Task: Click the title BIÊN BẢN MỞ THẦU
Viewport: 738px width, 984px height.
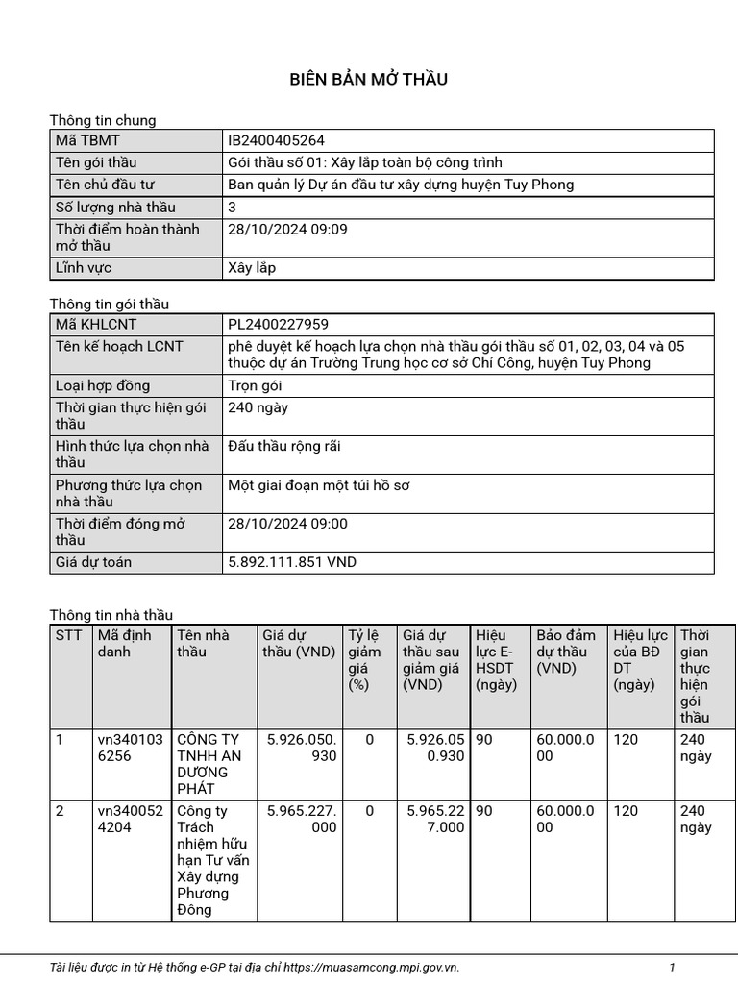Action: coord(369,79)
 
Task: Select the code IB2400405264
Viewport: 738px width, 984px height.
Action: coord(269,140)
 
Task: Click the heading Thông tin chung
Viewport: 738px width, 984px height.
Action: coord(103,120)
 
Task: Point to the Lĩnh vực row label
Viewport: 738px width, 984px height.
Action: coord(84,268)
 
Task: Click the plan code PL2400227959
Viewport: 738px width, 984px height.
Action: coord(271,325)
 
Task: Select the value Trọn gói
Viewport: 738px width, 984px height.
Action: coord(255,385)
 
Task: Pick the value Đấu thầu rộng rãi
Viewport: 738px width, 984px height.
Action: coord(284,446)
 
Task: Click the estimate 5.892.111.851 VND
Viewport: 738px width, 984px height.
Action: coord(292,562)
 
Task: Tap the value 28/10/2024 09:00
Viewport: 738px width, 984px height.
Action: coord(287,524)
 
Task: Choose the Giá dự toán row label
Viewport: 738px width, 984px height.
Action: coord(93,562)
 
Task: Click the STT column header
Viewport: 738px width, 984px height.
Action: coord(69,635)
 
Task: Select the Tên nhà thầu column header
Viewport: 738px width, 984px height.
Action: coord(204,643)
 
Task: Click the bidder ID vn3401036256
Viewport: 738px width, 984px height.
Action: coord(130,748)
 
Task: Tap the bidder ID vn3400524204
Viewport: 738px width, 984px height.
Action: coord(130,820)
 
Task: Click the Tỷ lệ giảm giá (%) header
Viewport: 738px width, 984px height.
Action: coord(364,659)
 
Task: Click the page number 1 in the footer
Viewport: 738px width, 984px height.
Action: coord(673,967)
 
